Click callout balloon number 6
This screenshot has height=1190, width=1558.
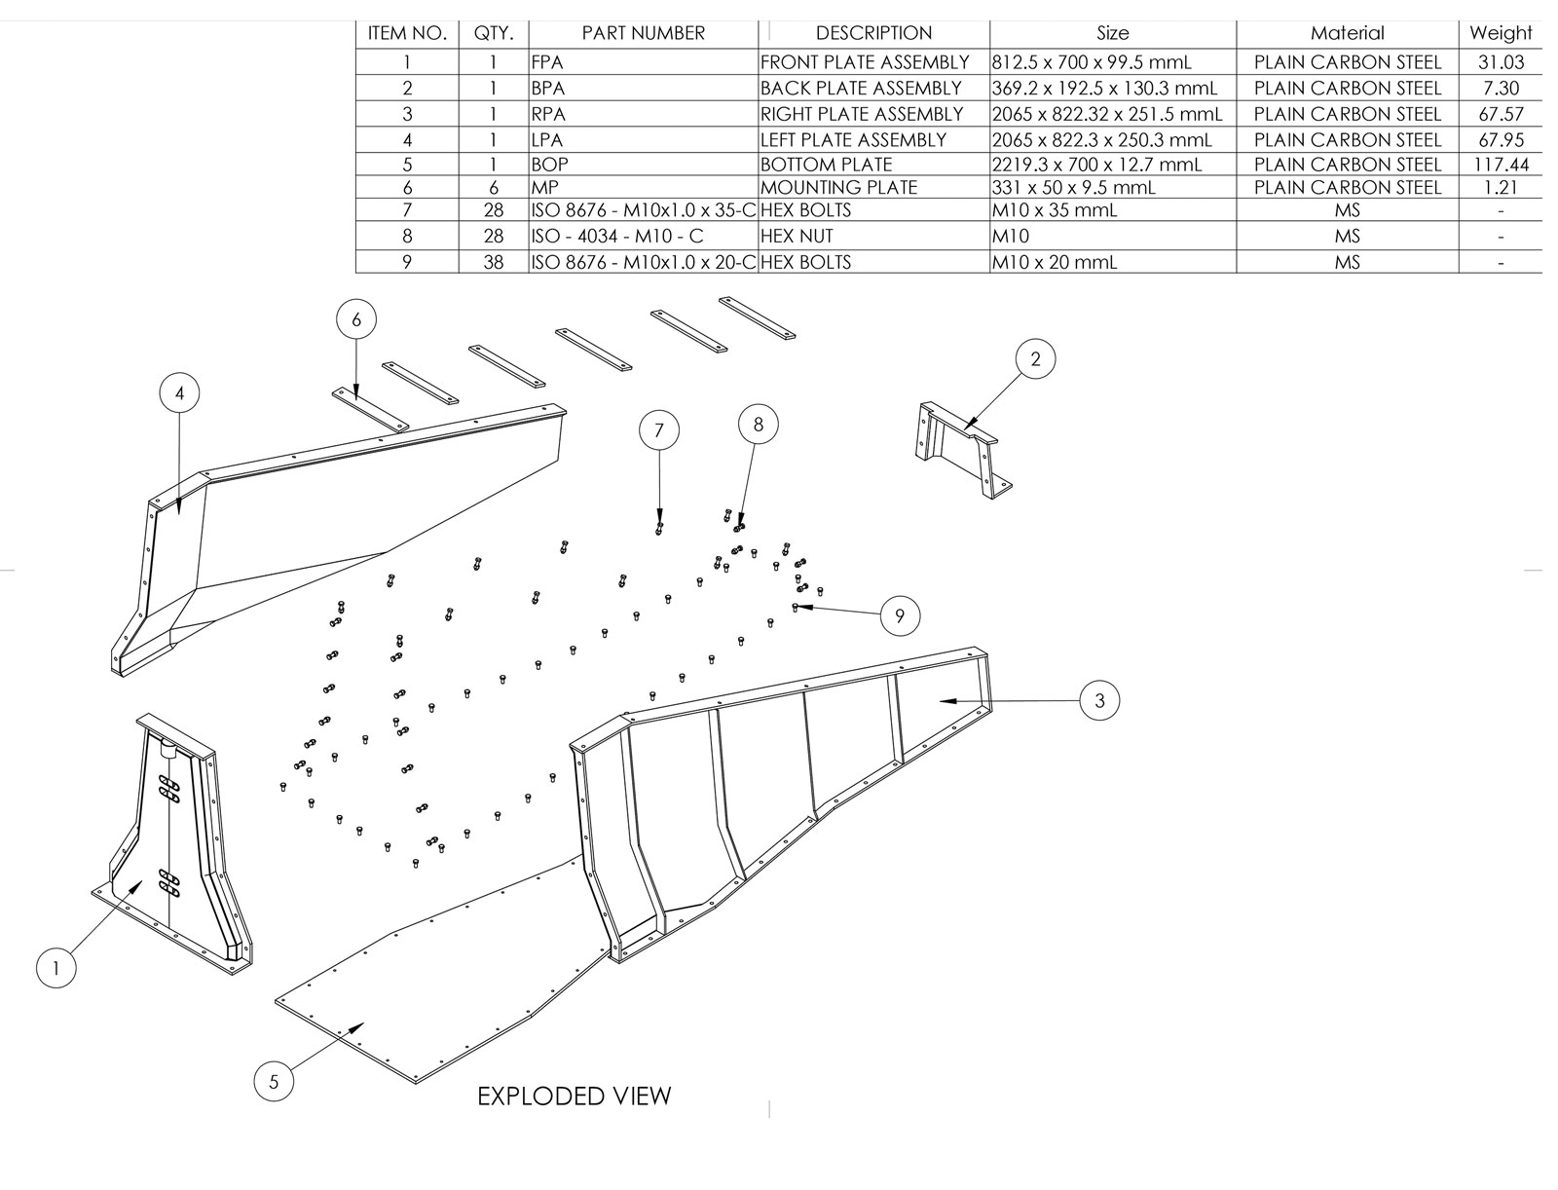pos(356,319)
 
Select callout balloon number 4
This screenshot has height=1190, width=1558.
pos(179,393)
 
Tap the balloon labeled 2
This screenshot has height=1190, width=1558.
pos(1035,359)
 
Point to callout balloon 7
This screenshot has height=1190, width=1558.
pos(659,430)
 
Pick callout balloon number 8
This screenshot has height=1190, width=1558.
pos(759,424)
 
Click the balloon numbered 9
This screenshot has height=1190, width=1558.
pos(900,615)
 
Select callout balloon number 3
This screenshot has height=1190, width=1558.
pos(1099,700)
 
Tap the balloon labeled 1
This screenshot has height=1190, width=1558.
pos(56,968)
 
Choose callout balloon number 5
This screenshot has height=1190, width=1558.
pos(274,1082)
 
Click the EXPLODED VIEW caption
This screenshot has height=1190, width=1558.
pos(574,1097)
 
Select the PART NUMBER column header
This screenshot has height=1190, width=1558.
pos(643,33)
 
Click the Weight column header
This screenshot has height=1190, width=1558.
pos(1501,33)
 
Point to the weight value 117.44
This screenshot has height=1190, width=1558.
pos(1501,165)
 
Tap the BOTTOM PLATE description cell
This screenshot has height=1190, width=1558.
pos(826,165)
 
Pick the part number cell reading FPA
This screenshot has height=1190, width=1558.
pos(547,62)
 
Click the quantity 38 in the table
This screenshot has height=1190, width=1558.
pos(494,262)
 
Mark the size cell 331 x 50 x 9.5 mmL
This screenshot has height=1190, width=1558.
pos(1073,187)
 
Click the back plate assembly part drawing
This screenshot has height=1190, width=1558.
pos(958,449)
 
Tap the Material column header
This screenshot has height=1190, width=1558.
pos(1347,33)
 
